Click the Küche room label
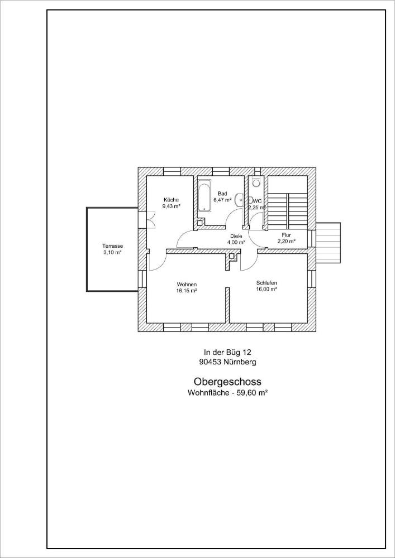171,199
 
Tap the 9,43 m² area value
171,206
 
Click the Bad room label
222,194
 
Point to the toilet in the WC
256,182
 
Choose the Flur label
287,235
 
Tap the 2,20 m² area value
287,242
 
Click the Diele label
236,236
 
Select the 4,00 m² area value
236,243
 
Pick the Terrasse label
112,246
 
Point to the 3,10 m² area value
112,252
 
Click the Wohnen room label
187,284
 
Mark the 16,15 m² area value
187,291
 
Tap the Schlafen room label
266,283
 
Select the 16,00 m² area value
266,290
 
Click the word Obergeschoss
227,382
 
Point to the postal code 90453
210,362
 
